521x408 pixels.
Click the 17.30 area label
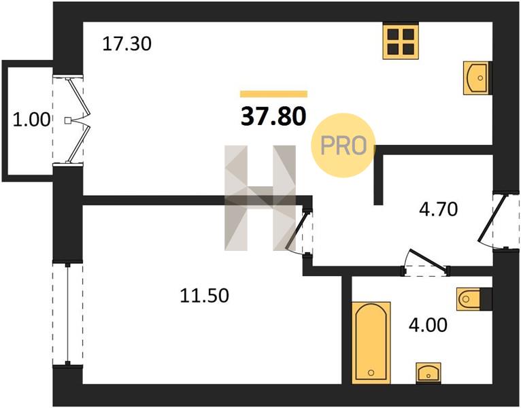127,44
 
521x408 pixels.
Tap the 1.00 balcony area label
31,120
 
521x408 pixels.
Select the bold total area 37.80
273,117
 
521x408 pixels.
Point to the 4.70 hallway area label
438,209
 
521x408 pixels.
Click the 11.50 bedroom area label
204,295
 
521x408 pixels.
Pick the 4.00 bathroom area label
428,325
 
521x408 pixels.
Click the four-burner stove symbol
401,41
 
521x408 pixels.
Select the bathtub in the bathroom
371,343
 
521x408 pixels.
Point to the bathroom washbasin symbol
428,373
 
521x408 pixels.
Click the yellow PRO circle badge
343,146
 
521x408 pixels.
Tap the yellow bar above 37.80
274,94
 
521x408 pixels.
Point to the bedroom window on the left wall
68,314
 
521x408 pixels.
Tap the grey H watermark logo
260,198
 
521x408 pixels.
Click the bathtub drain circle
371,373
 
